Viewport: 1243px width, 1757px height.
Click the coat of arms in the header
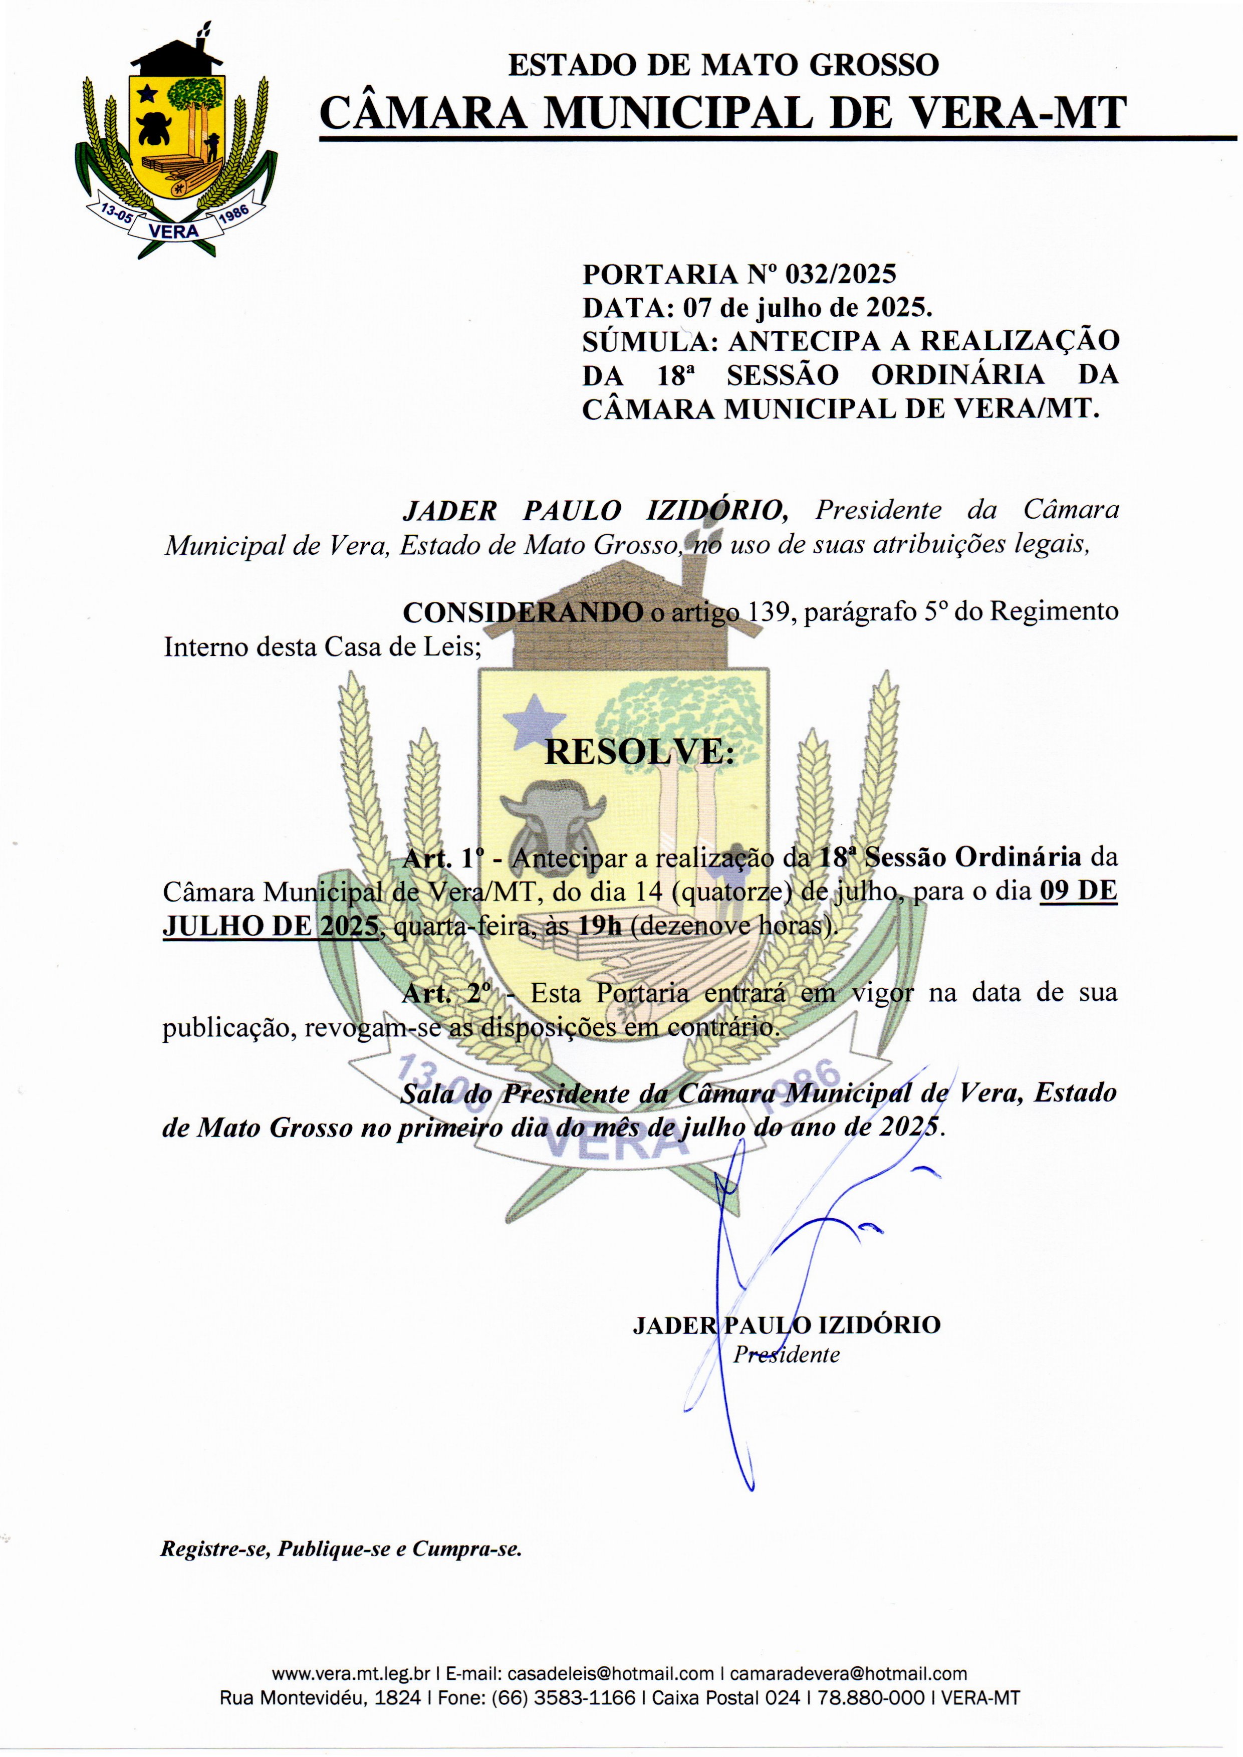(x=176, y=145)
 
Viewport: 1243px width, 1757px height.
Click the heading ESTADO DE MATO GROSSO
(x=723, y=65)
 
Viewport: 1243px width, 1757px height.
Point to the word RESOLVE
(x=638, y=753)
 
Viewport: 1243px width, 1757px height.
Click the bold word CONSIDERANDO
(x=523, y=612)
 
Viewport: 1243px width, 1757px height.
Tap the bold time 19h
(x=600, y=926)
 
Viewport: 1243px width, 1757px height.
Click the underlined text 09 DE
(x=1078, y=892)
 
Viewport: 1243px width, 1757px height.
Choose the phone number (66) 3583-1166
(x=563, y=1698)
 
